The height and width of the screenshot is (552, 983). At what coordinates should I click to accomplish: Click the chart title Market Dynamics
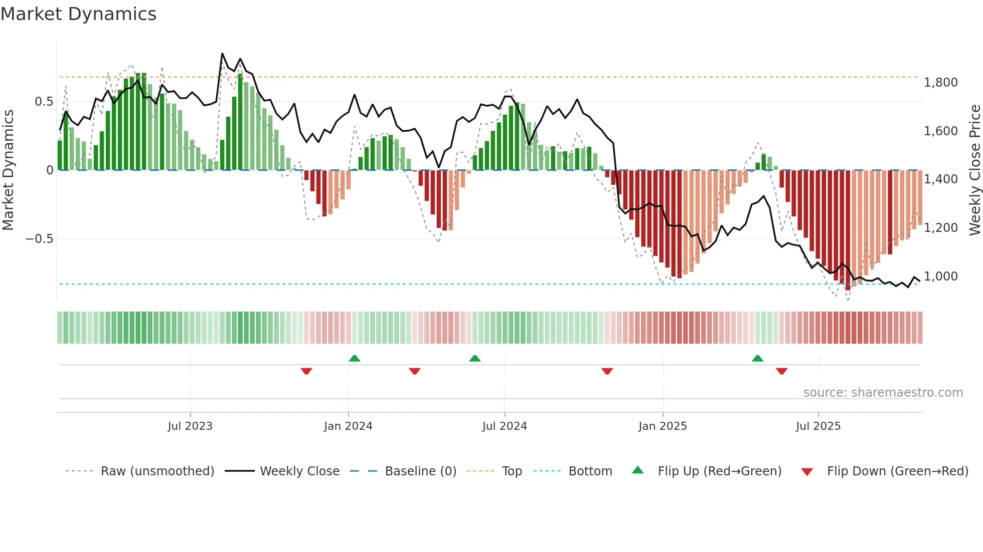point(78,14)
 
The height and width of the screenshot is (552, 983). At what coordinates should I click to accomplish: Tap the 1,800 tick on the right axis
point(940,83)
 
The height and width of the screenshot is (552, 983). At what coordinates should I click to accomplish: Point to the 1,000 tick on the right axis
point(940,277)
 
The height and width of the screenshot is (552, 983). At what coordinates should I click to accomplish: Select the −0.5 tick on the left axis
point(39,239)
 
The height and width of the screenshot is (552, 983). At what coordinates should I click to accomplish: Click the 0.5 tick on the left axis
point(44,102)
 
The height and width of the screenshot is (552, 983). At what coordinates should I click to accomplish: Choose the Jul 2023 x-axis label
point(190,426)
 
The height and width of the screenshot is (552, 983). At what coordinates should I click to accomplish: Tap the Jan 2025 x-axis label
point(663,426)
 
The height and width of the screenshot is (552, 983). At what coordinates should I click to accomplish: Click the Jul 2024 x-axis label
point(505,426)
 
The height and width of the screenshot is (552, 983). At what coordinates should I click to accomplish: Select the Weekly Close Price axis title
point(974,170)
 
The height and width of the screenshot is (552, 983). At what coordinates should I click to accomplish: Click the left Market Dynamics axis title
point(8,170)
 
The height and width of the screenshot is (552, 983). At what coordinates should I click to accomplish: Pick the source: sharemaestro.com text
point(883,393)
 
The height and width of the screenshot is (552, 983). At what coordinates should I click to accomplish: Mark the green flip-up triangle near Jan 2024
point(355,358)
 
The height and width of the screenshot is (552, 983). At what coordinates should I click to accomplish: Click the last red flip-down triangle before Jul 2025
point(781,371)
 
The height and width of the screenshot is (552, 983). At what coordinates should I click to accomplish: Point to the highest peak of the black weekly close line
point(222,54)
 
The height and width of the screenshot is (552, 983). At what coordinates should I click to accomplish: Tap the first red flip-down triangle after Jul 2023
point(306,371)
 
